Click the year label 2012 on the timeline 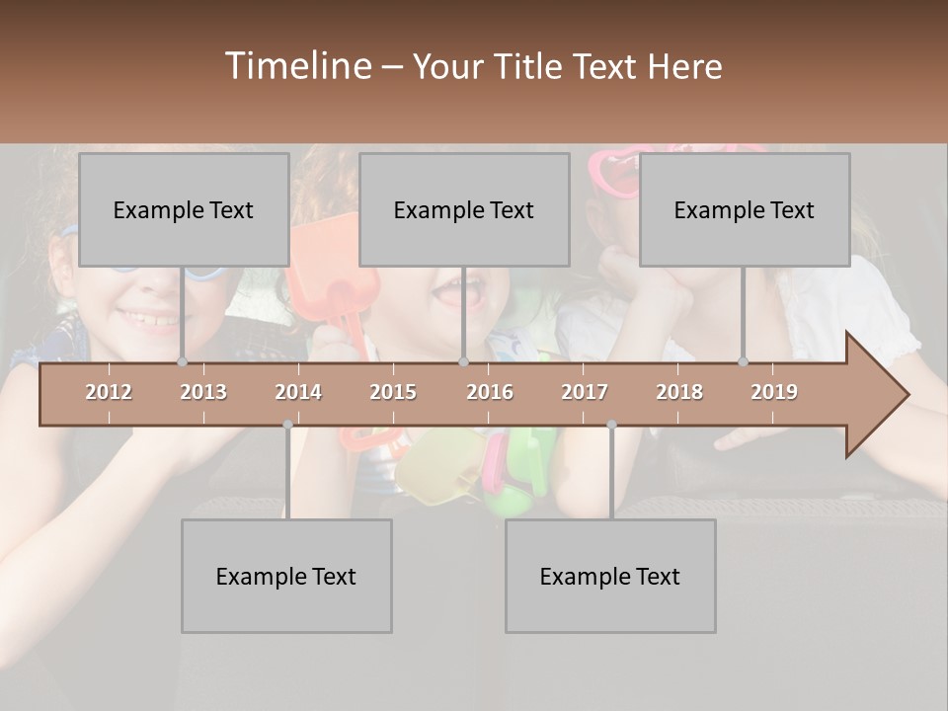click(x=109, y=392)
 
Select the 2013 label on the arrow click(x=203, y=392)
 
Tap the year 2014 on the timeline click(x=298, y=392)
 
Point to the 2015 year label click(x=393, y=392)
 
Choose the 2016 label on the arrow click(x=490, y=392)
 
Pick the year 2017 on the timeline click(x=585, y=392)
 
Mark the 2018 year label click(x=679, y=392)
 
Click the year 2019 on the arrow click(x=774, y=392)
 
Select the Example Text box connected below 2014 click(x=286, y=576)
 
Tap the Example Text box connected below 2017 click(x=610, y=576)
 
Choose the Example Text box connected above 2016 click(x=464, y=209)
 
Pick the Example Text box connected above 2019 click(x=745, y=209)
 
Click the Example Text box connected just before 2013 click(x=184, y=209)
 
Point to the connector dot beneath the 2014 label click(x=287, y=425)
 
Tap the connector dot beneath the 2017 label click(x=611, y=425)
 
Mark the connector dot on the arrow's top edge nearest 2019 click(x=744, y=362)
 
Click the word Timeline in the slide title click(x=295, y=66)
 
